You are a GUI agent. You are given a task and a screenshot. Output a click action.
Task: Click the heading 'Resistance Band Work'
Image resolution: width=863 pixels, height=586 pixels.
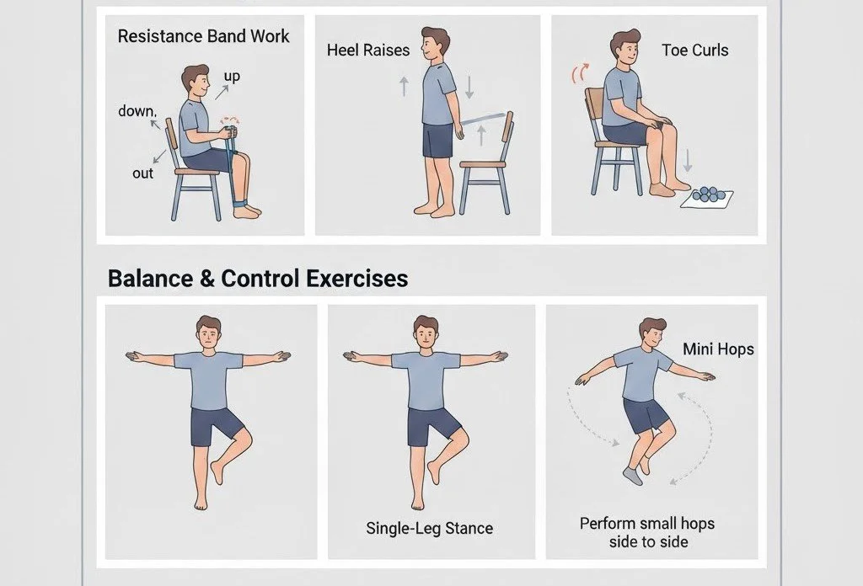pyautogui.click(x=203, y=36)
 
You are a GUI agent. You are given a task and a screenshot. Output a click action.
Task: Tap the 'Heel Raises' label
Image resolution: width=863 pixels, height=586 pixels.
pyautogui.click(x=368, y=50)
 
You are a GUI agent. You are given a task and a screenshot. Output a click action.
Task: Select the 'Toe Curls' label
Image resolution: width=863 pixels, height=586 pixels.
pyautogui.click(x=695, y=50)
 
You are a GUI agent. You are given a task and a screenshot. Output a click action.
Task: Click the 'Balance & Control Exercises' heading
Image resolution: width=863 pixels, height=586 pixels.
pyautogui.click(x=258, y=278)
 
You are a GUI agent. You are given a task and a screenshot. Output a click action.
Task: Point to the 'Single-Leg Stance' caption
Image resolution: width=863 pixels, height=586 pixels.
pyautogui.click(x=429, y=528)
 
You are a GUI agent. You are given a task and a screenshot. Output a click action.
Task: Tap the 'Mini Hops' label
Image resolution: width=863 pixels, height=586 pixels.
pyautogui.click(x=718, y=349)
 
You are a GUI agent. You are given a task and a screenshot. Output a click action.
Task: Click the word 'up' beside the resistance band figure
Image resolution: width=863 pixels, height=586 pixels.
pyautogui.click(x=232, y=77)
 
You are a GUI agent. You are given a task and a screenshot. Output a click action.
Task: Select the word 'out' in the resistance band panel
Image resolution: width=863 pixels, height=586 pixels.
pyautogui.click(x=142, y=173)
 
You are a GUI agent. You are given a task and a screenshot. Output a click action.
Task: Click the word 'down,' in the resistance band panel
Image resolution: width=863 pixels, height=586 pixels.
pyautogui.click(x=137, y=111)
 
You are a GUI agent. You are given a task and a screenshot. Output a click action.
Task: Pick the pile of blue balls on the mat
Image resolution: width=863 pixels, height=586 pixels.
pyautogui.click(x=706, y=194)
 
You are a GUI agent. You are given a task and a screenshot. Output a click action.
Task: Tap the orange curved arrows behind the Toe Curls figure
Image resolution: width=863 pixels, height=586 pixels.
pyautogui.click(x=580, y=73)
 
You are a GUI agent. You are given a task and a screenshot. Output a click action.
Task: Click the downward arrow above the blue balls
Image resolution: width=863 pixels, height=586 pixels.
pyautogui.click(x=687, y=161)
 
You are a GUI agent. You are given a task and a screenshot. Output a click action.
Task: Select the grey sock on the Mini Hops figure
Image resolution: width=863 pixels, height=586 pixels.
pyautogui.click(x=634, y=476)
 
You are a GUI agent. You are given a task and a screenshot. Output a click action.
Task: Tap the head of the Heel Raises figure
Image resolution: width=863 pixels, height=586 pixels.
pyautogui.click(x=434, y=45)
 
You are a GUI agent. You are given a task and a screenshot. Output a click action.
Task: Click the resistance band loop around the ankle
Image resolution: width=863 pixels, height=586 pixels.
pyautogui.click(x=241, y=204)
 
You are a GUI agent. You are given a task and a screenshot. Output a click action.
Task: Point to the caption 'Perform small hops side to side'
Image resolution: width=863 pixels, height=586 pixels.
pyautogui.click(x=647, y=533)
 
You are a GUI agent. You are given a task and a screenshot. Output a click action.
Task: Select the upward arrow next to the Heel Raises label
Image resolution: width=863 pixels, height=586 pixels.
pyautogui.click(x=404, y=87)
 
